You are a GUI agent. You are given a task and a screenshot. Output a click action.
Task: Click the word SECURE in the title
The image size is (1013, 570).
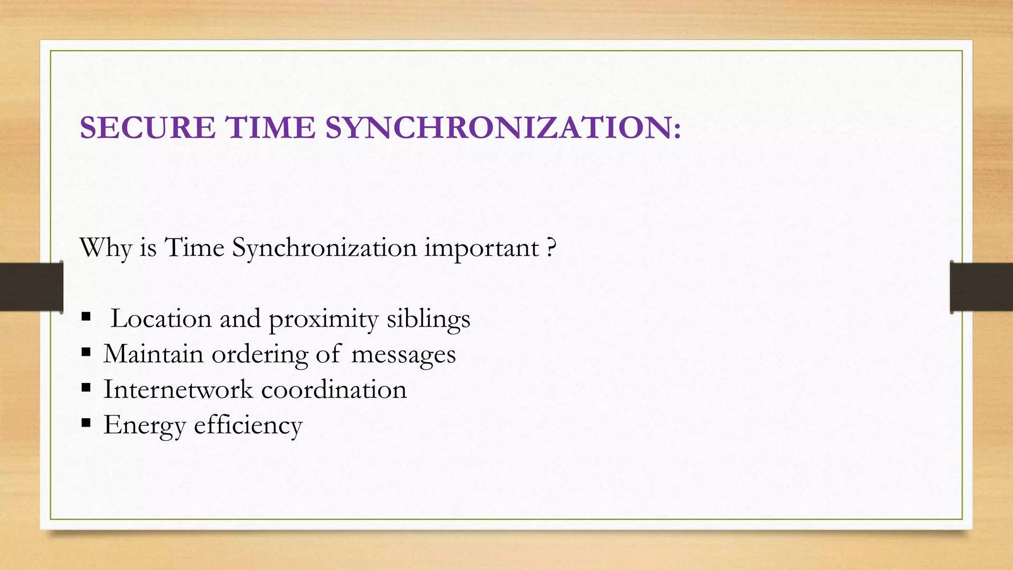(x=147, y=128)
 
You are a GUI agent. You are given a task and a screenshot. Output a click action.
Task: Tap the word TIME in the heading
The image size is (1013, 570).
(x=271, y=128)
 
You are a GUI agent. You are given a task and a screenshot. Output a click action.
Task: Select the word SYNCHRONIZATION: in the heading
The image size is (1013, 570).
(x=503, y=128)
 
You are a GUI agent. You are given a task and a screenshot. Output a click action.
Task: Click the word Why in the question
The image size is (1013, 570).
(x=105, y=247)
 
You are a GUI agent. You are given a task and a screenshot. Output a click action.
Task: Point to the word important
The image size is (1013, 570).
(x=481, y=248)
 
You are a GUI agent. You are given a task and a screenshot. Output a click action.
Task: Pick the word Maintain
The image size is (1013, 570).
(x=153, y=354)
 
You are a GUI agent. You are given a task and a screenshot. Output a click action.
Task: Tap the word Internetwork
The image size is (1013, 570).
(x=178, y=389)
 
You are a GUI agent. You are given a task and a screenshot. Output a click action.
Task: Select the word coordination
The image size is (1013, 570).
(x=334, y=389)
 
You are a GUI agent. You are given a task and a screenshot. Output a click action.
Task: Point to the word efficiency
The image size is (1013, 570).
(x=248, y=425)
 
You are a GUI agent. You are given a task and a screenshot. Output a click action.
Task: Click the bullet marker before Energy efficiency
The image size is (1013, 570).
(x=86, y=423)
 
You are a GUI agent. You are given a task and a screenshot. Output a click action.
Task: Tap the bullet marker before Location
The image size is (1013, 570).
(x=86, y=317)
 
